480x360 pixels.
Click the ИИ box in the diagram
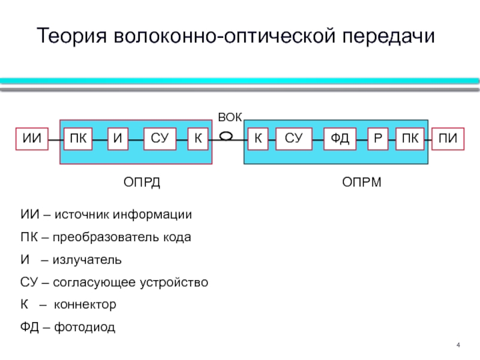point(32,139)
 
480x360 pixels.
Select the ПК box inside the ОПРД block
point(78,139)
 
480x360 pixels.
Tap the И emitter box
point(118,139)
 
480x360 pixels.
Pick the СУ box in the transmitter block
point(160,139)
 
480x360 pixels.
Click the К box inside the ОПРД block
point(198,139)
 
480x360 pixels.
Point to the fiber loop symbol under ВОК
point(226,136)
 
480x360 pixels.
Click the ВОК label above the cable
point(230,117)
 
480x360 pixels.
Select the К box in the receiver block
point(258,139)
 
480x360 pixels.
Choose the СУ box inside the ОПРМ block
point(294,139)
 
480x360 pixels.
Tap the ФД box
point(340,139)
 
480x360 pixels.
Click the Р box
point(378,139)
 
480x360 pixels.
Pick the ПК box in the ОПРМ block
point(410,139)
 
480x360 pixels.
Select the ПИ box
point(448,139)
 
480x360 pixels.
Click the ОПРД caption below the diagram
point(142,182)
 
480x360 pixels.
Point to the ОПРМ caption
point(362,182)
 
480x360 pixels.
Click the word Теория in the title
point(72,36)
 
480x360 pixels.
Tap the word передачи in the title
point(388,37)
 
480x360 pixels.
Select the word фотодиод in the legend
point(85,327)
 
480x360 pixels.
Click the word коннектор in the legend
point(85,305)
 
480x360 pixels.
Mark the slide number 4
point(458,345)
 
